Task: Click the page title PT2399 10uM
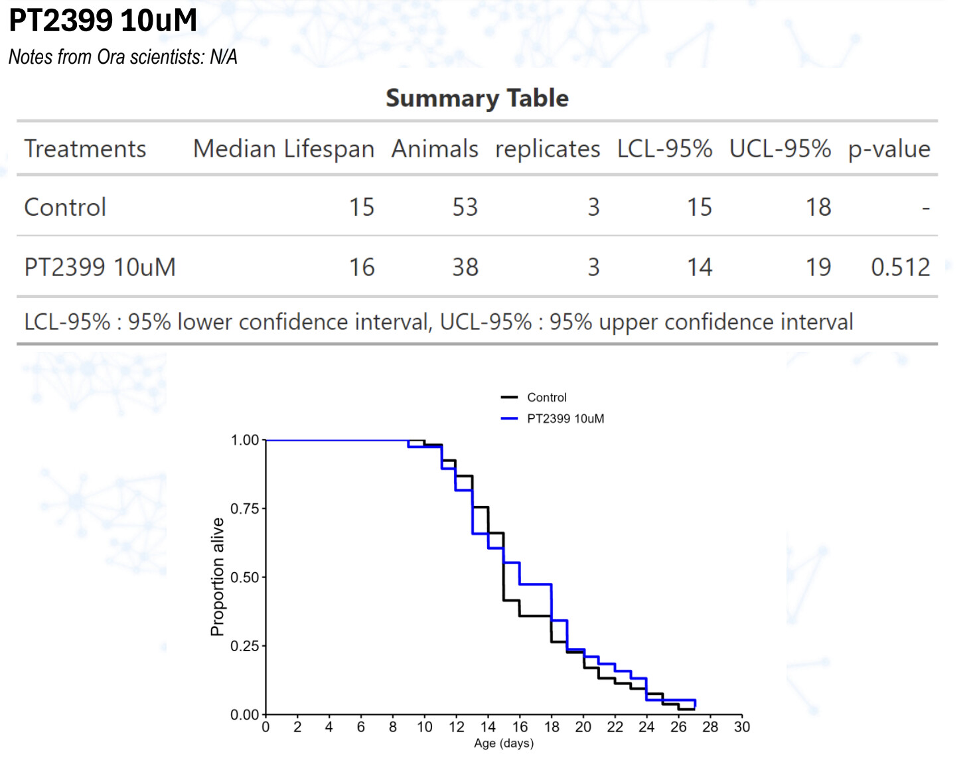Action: pyautogui.click(x=103, y=21)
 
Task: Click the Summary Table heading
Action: pyautogui.click(x=477, y=98)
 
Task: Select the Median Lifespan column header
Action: pyautogui.click(x=283, y=149)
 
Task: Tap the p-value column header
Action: pyautogui.click(x=889, y=149)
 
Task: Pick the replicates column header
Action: pyautogui.click(x=547, y=149)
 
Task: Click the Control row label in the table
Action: pyautogui.click(x=65, y=207)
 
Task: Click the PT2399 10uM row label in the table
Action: pyautogui.click(x=100, y=268)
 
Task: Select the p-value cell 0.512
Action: pyautogui.click(x=900, y=268)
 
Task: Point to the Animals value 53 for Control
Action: pyautogui.click(x=465, y=207)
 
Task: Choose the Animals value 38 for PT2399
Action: pyautogui.click(x=465, y=268)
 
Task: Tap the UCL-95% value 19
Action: pyautogui.click(x=818, y=268)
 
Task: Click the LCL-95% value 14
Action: pyautogui.click(x=699, y=268)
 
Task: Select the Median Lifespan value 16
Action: pyautogui.click(x=362, y=268)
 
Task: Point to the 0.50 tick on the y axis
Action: pyautogui.click(x=244, y=578)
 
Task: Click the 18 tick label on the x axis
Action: pyautogui.click(x=552, y=727)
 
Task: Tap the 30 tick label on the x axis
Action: pyautogui.click(x=742, y=727)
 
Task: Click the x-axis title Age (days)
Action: pyautogui.click(x=504, y=743)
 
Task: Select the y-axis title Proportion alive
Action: pyautogui.click(x=217, y=577)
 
